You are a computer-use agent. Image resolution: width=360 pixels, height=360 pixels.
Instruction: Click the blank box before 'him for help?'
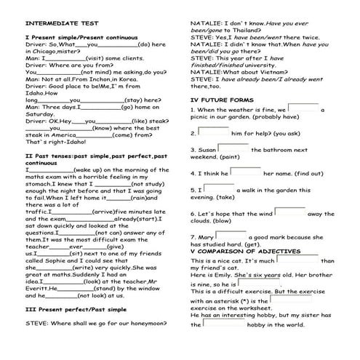[213, 132]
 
